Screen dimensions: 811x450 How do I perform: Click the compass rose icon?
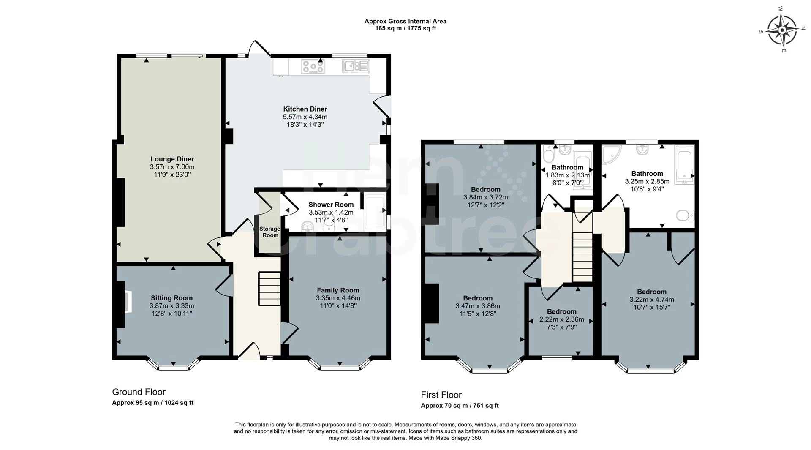coord(782,30)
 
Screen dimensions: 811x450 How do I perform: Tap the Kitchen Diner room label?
coord(305,109)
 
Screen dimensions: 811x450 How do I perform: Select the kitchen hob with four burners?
coord(313,66)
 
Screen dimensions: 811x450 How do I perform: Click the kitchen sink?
coord(357,66)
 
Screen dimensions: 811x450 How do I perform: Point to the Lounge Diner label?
coord(172,159)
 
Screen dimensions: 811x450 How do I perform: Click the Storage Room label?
coord(270,232)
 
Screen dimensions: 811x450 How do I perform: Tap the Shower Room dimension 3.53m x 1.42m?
coord(331,213)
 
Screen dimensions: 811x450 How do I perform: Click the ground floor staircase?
coord(269,289)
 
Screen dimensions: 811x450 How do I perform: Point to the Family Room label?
coord(338,290)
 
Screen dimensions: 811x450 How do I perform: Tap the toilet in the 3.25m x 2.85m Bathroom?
coord(685,216)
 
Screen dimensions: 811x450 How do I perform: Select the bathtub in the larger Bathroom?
coord(684,165)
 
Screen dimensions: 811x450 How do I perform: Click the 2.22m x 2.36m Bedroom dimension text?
coord(562,319)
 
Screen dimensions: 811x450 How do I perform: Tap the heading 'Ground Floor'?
coord(139,392)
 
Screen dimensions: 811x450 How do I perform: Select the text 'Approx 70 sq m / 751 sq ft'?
coord(460,406)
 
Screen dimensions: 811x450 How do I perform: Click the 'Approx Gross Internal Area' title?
coord(405,21)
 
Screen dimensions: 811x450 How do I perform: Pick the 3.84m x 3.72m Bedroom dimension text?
coord(486,197)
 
